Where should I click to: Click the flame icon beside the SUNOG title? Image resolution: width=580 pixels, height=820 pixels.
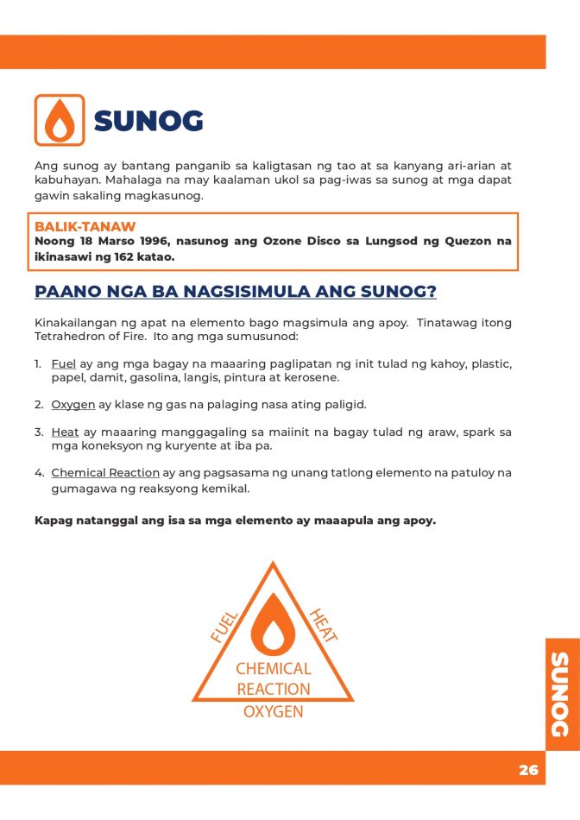(59, 120)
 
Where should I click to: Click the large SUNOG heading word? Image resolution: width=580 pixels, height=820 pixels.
(148, 122)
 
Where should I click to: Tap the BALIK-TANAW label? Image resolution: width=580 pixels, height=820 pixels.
(85, 227)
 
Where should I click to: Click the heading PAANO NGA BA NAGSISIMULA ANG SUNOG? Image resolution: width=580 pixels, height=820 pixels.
(235, 292)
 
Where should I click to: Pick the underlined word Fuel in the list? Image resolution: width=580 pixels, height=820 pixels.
(64, 363)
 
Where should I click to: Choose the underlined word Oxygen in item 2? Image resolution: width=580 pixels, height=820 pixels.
(72, 404)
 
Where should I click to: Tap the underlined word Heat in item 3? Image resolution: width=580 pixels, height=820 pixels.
(65, 432)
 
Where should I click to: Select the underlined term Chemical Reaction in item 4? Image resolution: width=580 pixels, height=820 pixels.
(105, 473)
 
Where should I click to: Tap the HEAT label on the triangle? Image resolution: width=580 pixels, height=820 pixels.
(323, 624)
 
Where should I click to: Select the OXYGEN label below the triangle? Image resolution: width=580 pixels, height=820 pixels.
(273, 712)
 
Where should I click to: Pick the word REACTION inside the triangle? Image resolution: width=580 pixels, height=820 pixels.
(273, 689)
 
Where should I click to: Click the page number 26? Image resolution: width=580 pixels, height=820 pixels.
(528, 770)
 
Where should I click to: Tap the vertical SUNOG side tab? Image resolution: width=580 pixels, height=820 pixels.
(561, 695)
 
